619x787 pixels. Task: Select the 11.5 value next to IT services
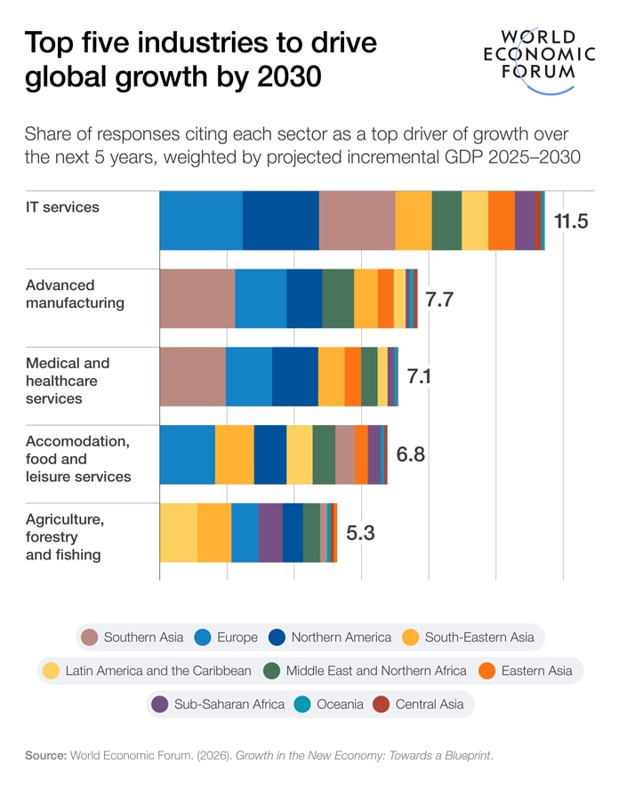click(x=571, y=221)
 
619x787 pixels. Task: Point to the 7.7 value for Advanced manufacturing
click(x=439, y=299)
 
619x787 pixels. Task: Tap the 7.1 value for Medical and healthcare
click(x=419, y=376)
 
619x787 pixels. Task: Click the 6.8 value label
click(x=410, y=454)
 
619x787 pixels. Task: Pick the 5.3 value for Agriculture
click(x=360, y=533)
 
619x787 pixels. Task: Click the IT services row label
click(x=62, y=207)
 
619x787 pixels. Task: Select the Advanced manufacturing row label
click(x=75, y=294)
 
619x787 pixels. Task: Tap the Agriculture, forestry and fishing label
click(x=65, y=537)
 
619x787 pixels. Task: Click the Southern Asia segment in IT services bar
click(x=357, y=221)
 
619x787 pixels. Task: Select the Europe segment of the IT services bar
click(x=201, y=221)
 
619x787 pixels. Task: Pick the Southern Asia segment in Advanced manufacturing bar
click(x=197, y=299)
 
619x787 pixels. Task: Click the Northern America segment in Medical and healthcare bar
click(x=294, y=377)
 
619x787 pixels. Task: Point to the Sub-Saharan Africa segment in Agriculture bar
click(x=270, y=533)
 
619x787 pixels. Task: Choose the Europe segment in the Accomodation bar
click(x=187, y=454)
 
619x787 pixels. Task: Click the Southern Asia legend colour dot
click(x=89, y=637)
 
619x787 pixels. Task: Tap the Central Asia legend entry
click(x=420, y=704)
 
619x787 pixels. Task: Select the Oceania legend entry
click(x=330, y=704)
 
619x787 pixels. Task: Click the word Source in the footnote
click(x=45, y=756)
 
